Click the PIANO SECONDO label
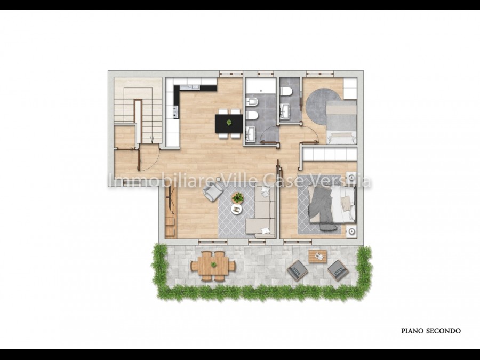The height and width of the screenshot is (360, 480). pyautogui.click(x=431, y=331)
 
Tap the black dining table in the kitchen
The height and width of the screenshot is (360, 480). pyautogui.click(x=229, y=123)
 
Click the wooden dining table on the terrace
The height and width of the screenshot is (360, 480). pyautogui.click(x=213, y=266)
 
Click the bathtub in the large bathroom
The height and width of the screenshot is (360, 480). pyautogui.click(x=260, y=86)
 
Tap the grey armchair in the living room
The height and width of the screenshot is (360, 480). pyautogui.click(x=213, y=191)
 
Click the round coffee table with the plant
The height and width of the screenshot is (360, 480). pyautogui.click(x=237, y=198)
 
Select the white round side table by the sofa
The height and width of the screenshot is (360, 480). pyautogui.click(x=236, y=209)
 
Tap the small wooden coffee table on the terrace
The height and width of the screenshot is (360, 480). pyautogui.click(x=318, y=257)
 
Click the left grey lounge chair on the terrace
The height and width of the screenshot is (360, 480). pyautogui.click(x=297, y=270)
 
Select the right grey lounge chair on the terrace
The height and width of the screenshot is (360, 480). pyautogui.click(x=338, y=270)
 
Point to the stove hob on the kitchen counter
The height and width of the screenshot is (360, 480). pyautogui.click(x=175, y=112)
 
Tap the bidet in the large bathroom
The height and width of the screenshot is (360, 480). pyautogui.click(x=252, y=102)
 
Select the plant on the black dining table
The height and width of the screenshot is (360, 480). pyautogui.click(x=229, y=123)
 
